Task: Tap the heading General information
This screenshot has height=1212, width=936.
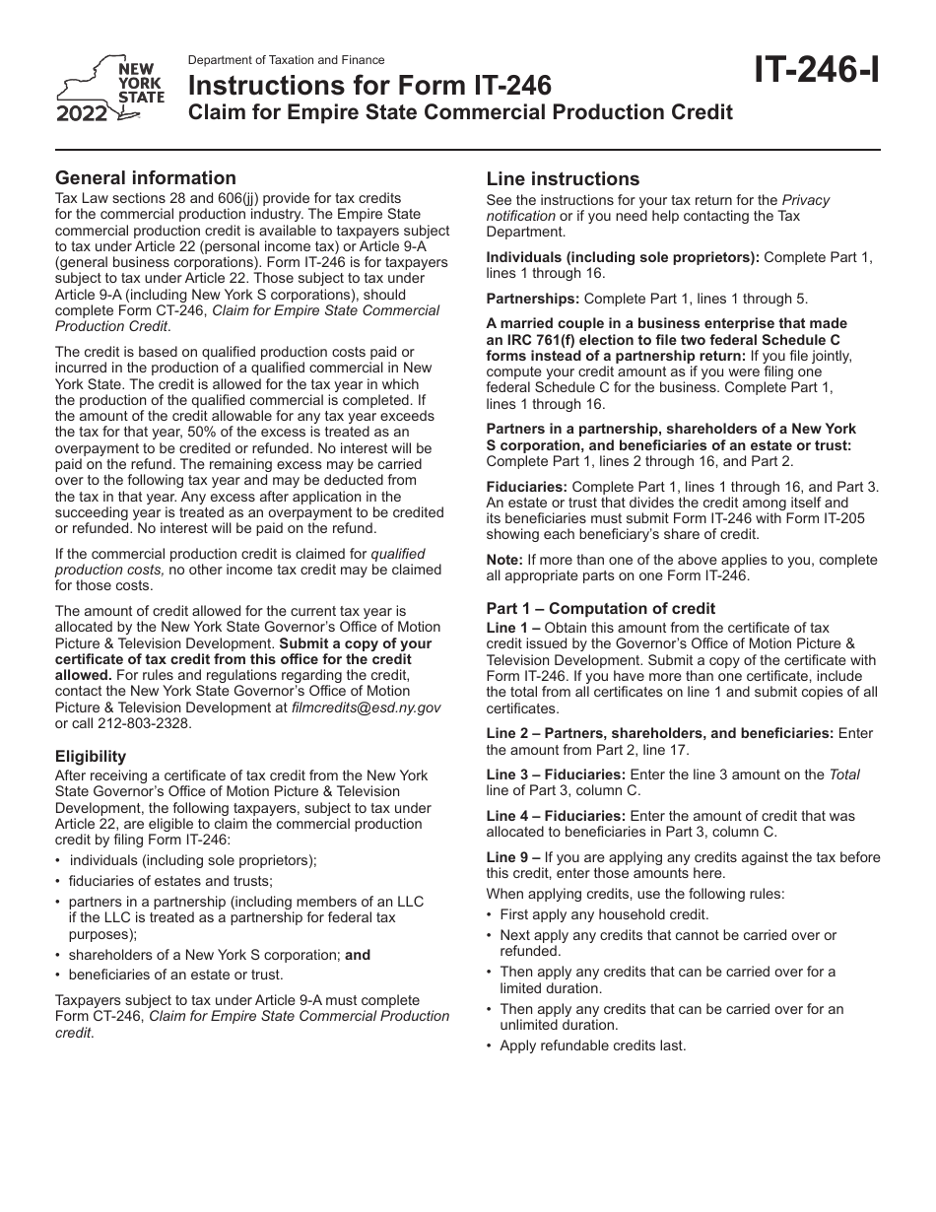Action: tap(146, 178)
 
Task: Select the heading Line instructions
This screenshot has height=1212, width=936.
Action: tap(563, 179)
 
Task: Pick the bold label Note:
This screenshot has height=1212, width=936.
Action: tap(505, 560)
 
